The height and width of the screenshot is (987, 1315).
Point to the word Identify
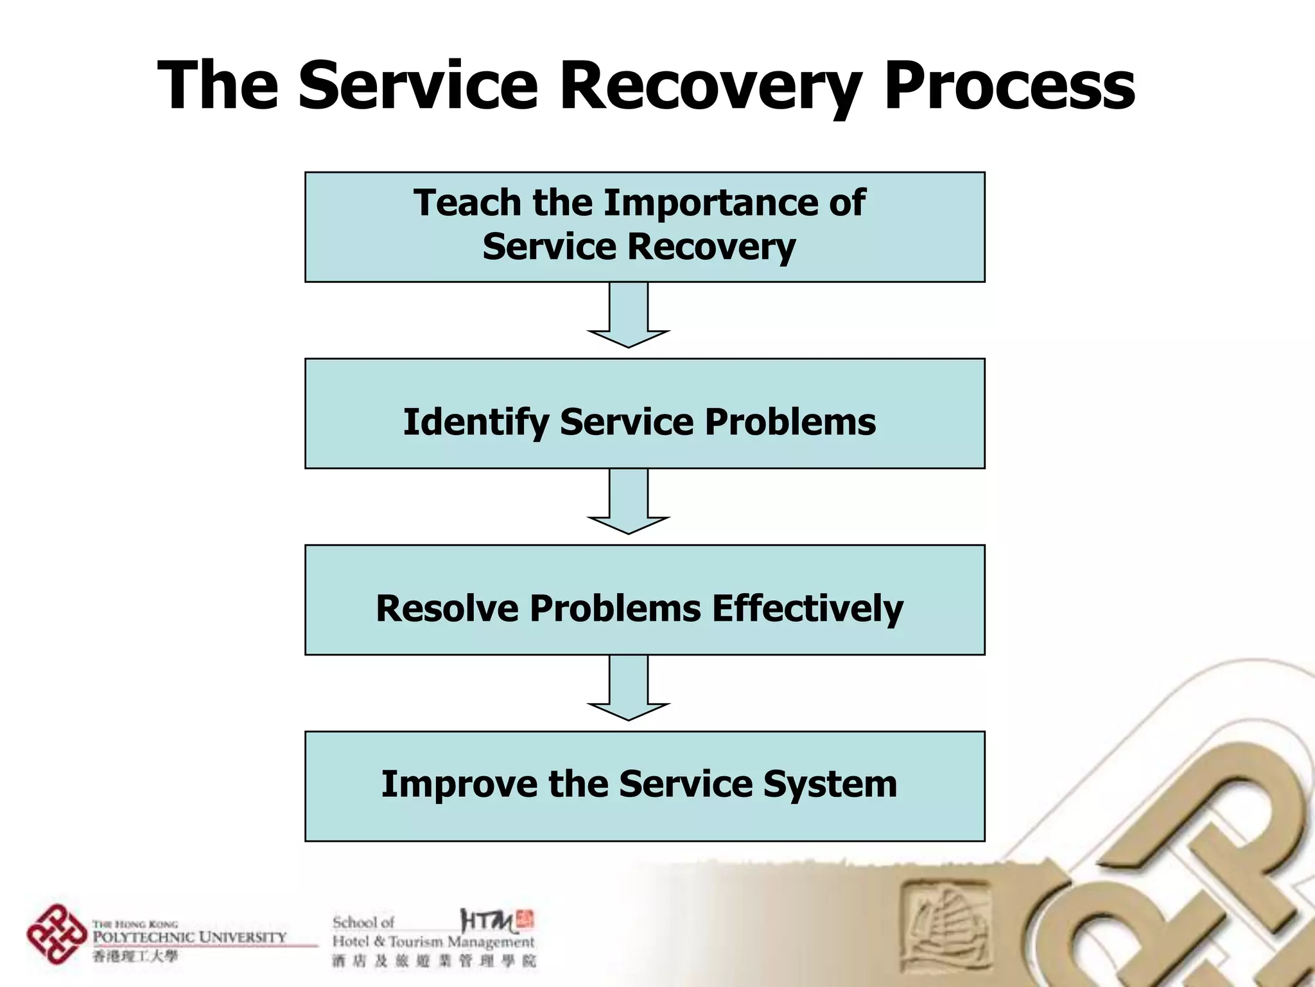(x=475, y=423)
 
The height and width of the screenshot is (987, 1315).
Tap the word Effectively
(x=807, y=609)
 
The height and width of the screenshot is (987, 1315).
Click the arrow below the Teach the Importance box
(x=629, y=315)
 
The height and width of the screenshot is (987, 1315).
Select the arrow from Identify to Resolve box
(x=629, y=501)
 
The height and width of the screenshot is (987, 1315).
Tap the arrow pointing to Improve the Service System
(x=629, y=688)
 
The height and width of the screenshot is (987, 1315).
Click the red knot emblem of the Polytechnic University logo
(x=56, y=934)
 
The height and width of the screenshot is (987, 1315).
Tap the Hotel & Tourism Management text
(x=433, y=942)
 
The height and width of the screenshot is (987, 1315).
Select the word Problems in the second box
(x=790, y=423)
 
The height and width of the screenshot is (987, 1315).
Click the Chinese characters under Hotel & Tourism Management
(x=433, y=961)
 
